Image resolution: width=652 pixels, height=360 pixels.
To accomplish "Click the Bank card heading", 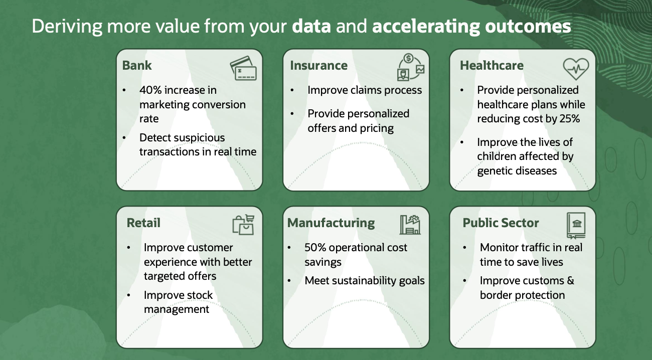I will tap(137, 66).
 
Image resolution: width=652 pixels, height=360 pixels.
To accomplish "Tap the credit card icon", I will tap(243, 68).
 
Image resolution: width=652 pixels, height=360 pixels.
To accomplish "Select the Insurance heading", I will tap(318, 66).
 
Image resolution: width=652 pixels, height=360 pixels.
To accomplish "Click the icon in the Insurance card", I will tap(410, 67).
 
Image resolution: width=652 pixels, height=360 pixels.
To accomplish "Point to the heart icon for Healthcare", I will tap(575, 67).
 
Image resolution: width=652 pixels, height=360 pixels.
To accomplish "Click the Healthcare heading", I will tap(492, 66).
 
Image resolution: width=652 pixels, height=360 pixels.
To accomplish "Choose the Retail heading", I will tap(143, 223).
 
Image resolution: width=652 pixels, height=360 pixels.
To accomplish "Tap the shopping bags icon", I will tap(243, 225).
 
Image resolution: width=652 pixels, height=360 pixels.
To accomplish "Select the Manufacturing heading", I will tap(331, 223).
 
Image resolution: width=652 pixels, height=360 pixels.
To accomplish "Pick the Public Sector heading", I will tap(501, 223).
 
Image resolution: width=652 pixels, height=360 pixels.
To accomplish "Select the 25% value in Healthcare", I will tap(567, 119).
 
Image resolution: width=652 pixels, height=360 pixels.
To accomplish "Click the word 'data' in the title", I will tap(311, 27).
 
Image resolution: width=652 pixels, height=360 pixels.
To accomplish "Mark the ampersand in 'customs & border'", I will tap(570, 281).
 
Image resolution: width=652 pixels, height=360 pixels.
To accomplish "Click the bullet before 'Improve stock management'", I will tap(129, 295).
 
